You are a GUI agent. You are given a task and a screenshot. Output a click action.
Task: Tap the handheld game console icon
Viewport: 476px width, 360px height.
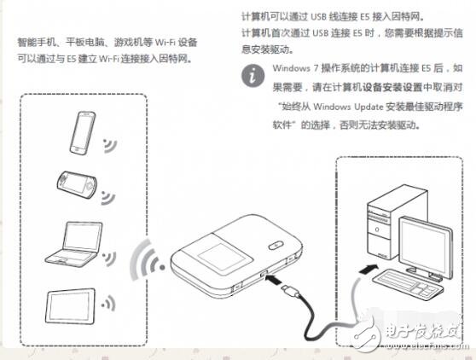[x=76, y=182]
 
